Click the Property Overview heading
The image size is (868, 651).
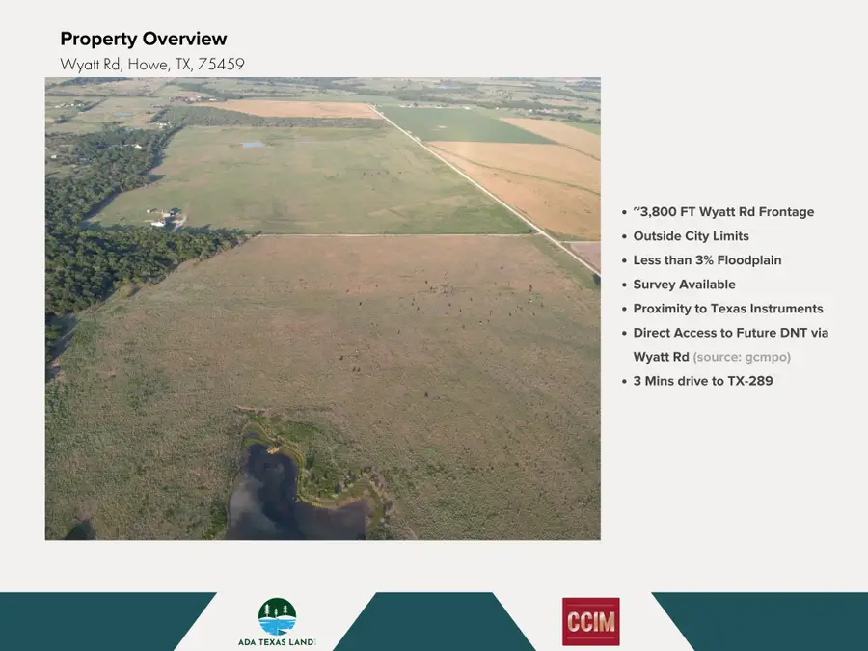pyautogui.click(x=144, y=40)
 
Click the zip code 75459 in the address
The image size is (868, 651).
pyautogui.click(x=221, y=65)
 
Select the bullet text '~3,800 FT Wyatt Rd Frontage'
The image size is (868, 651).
pyautogui.click(x=723, y=212)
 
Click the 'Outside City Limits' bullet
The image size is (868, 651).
pyautogui.click(x=691, y=236)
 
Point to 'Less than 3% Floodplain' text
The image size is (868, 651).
pyautogui.click(x=707, y=260)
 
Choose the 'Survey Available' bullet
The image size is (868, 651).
pyautogui.click(x=684, y=285)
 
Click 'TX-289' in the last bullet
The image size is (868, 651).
pyautogui.click(x=751, y=381)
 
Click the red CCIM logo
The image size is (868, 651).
pyautogui.click(x=590, y=621)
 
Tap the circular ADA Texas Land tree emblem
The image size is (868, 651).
pyautogui.click(x=277, y=616)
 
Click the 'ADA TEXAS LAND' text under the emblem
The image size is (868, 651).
pyautogui.click(x=276, y=641)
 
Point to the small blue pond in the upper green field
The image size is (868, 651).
pyautogui.click(x=253, y=145)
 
